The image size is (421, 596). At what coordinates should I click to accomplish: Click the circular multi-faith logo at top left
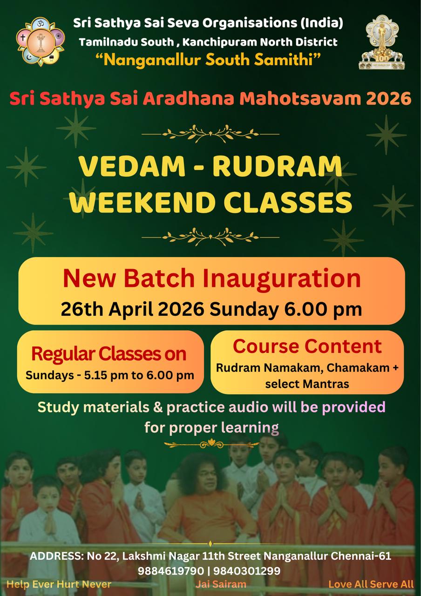[x=41, y=41]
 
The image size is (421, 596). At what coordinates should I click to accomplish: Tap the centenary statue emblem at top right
[x=381, y=42]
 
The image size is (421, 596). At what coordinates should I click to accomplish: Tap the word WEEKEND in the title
[x=142, y=202]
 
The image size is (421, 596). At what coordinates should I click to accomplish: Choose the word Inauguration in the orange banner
[x=282, y=278]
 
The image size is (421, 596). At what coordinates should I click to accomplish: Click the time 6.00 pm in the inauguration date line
[x=323, y=309]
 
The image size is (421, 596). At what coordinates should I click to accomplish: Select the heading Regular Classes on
[x=109, y=354]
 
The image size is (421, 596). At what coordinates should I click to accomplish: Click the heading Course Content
[x=307, y=346]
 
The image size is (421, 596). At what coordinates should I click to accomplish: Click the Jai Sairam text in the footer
[x=221, y=584]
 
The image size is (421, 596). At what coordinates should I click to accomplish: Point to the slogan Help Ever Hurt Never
[x=59, y=584]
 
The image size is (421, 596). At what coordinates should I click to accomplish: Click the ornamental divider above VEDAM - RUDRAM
[x=210, y=134]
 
